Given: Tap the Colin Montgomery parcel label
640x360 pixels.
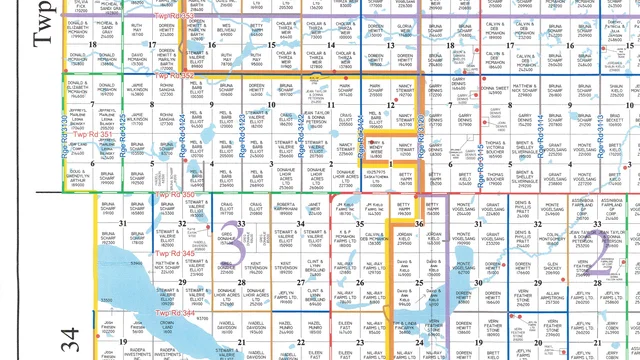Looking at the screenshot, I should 552,238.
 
